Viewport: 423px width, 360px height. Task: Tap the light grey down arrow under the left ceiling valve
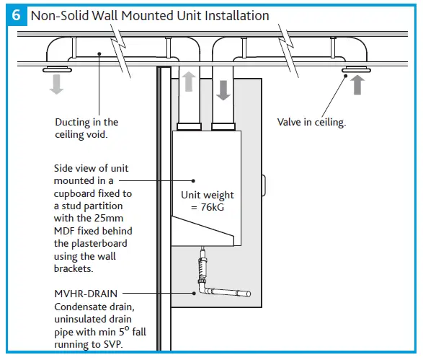pyautogui.click(x=56, y=84)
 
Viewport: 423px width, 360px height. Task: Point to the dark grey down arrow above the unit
pyautogui.click(x=223, y=89)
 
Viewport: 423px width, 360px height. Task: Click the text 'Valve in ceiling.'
pyautogui.click(x=311, y=122)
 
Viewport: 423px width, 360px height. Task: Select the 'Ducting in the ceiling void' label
pyautogui.click(x=86, y=128)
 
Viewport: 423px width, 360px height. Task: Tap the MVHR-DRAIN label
pyautogui.click(x=85, y=294)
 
